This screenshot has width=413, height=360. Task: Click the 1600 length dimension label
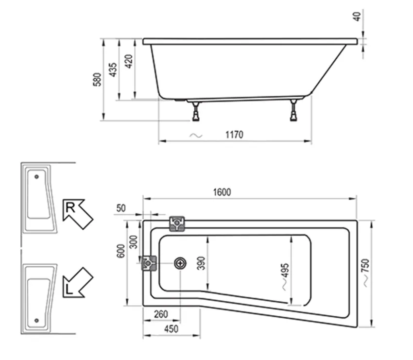[221, 192]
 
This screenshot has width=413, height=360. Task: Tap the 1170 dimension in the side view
[234, 135]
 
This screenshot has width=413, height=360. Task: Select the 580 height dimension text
[97, 79]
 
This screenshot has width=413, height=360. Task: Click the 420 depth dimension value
[129, 62]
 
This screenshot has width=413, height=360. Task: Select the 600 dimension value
[121, 251]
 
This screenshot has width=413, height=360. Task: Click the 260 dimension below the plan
[161, 314]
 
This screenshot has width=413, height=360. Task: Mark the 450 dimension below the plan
[171, 329]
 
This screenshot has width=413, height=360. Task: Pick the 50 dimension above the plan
[120, 208]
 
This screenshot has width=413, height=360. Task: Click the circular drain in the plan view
[181, 263]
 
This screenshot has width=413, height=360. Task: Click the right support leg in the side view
[294, 111]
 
